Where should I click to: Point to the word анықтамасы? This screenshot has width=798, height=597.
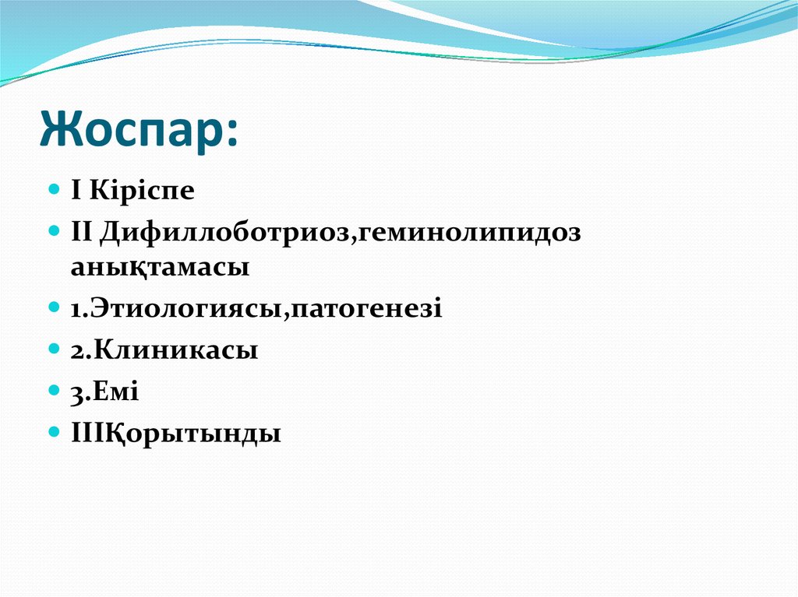(x=161, y=267)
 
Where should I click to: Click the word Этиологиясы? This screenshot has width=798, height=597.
(x=187, y=309)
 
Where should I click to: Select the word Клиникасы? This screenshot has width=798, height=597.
(x=175, y=350)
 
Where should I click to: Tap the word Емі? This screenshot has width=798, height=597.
(x=116, y=392)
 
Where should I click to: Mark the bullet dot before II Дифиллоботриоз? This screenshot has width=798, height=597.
(x=54, y=232)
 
